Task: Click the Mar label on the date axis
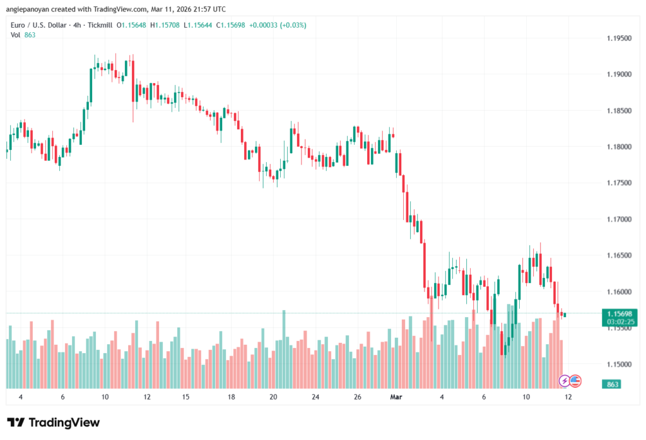click(x=396, y=397)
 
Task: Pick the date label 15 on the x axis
click(x=186, y=397)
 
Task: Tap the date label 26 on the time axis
click(x=357, y=397)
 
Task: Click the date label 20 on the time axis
click(x=273, y=397)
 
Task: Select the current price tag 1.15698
click(x=620, y=313)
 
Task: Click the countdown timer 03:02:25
click(x=620, y=321)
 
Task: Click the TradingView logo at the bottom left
click(x=54, y=422)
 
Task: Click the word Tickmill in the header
click(x=100, y=25)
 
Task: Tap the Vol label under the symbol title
click(x=15, y=35)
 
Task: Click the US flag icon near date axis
click(x=575, y=381)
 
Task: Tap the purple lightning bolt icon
click(x=565, y=381)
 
